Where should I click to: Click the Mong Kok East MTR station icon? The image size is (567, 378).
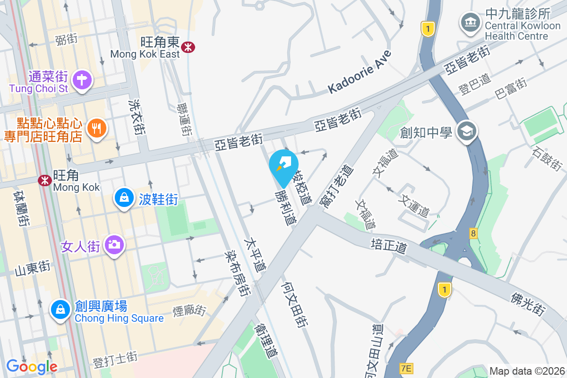tap(189, 47)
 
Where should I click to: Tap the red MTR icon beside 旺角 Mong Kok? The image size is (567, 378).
tap(45, 180)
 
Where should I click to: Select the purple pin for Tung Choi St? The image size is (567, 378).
tap(82, 79)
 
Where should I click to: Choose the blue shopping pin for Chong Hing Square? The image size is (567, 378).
tap(60, 309)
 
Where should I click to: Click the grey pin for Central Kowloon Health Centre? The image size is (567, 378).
tap(470, 22)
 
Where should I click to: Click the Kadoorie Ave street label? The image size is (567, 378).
tap(360, 71)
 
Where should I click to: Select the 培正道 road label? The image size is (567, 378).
tap(389, 246)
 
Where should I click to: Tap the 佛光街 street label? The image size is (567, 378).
tap(528, 303)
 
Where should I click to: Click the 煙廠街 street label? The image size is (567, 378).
tap(189, 310)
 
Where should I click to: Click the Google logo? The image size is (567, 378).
tap(32, 366)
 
